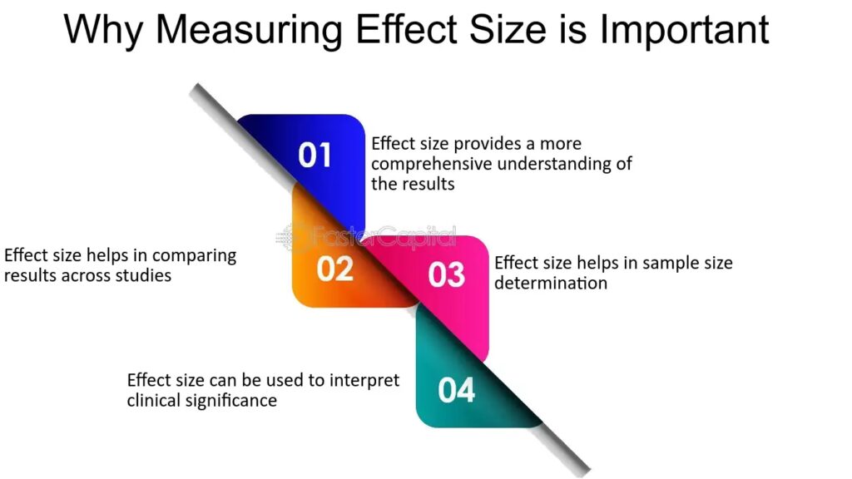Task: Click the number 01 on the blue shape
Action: [x=315, y=156]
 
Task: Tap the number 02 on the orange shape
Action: [x=335, y=269]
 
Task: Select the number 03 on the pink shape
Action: [x=447, y=274]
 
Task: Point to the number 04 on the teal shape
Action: [x=457, y=391]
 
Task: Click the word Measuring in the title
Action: [x=250, y=31]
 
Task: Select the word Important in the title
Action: [x=685, y=30]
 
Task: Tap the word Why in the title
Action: [x=103, y=31]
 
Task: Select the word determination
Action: [x=551, y=283]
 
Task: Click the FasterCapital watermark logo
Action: [x=366, y=237]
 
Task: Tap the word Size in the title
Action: [x=508, y=31]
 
